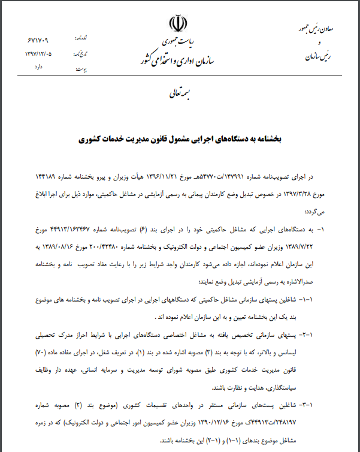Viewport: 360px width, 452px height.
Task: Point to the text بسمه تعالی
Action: coord(179,94)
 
